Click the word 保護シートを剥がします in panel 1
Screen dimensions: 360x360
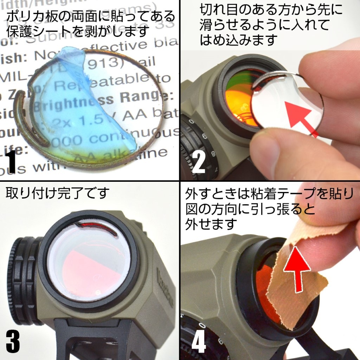77,32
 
